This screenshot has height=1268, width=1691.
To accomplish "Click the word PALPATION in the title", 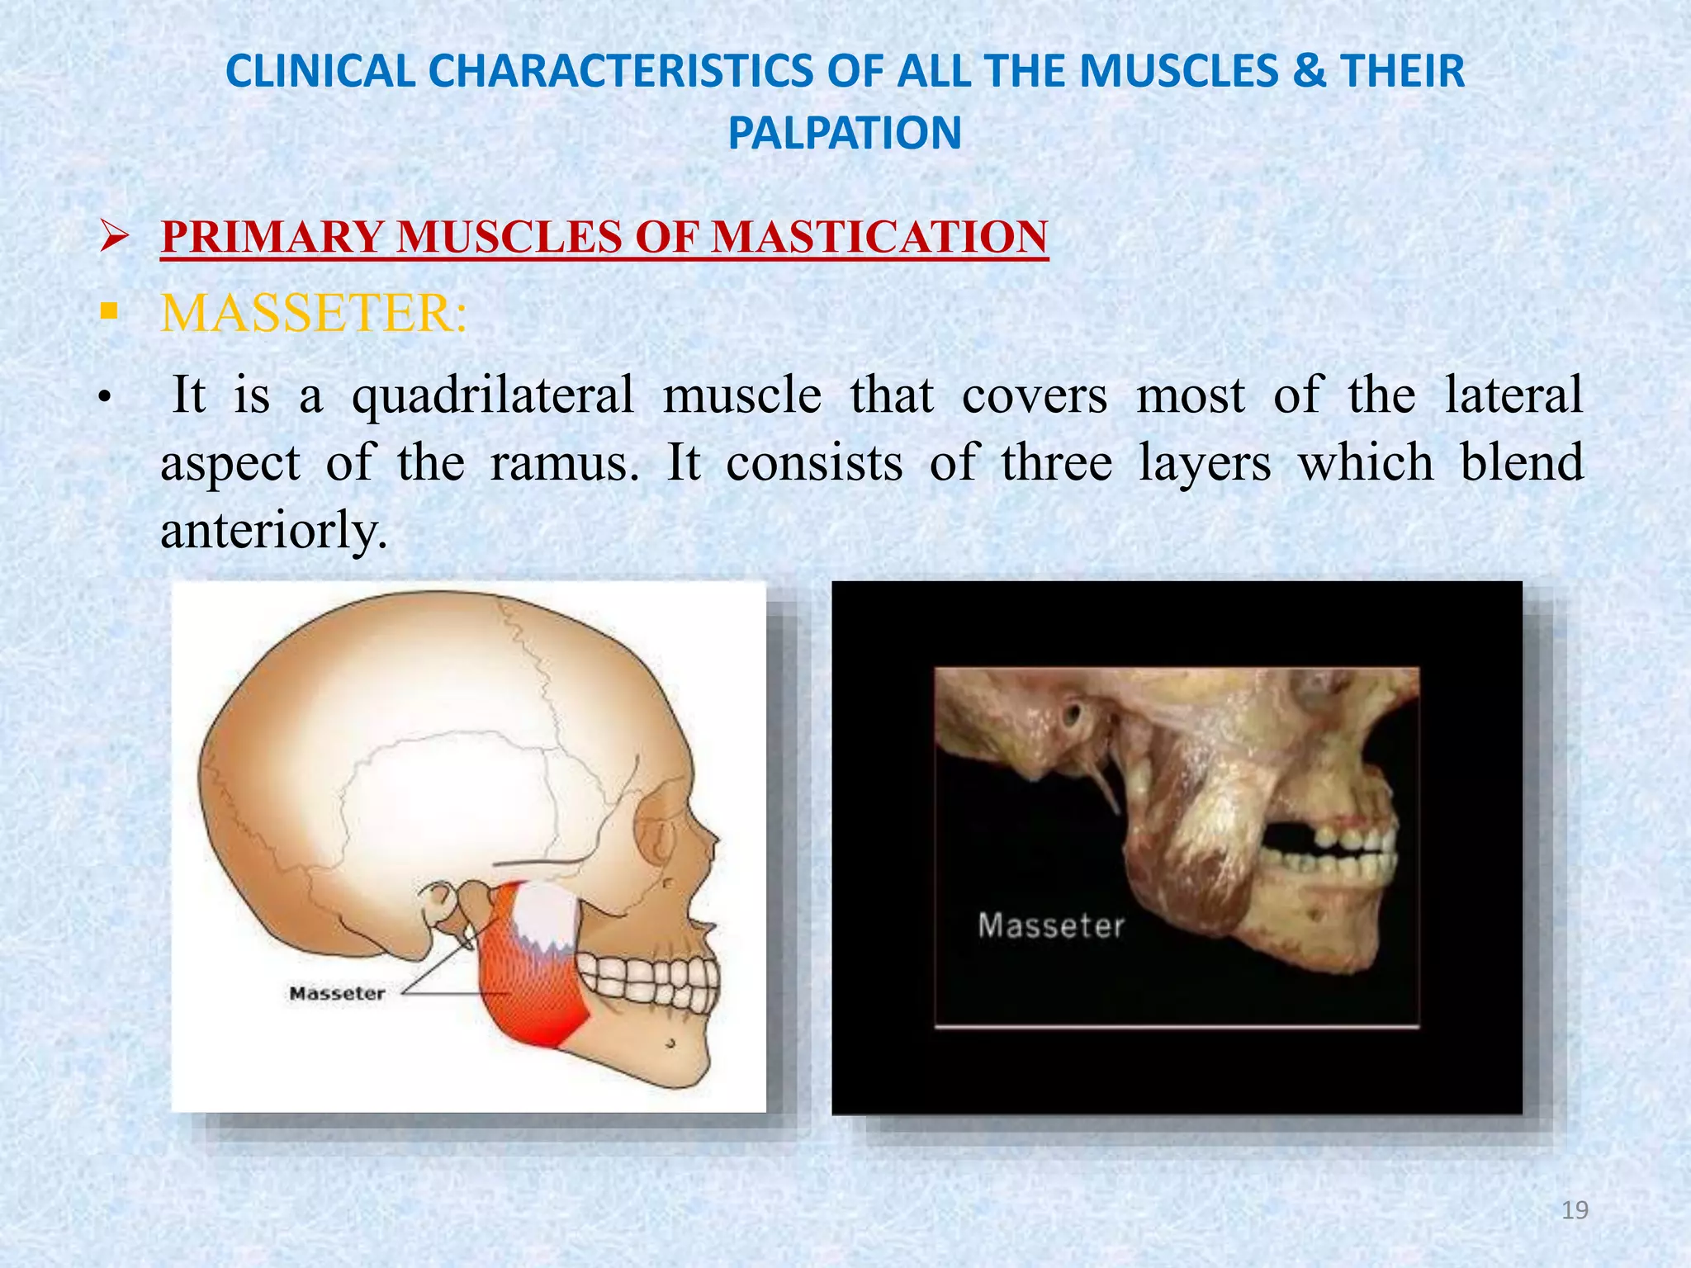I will click(845, 133).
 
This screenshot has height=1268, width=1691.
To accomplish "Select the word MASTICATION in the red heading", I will click(879, 237).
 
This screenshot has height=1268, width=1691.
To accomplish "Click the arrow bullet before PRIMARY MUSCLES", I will click(113, 238).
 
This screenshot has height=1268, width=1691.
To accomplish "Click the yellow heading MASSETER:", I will click(314, 314).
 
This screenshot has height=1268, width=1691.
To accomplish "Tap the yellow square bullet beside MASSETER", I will click(108, 313).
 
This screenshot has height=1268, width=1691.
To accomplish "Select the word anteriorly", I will click(273, 530).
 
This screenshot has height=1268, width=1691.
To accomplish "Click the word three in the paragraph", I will click(1057, 462).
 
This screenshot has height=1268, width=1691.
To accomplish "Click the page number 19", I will click(1575, 1210).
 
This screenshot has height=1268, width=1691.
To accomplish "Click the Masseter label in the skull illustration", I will click(337, 994).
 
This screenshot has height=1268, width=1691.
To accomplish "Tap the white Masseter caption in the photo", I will click(1051, 925).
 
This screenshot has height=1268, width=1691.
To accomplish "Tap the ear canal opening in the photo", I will click(1072, 712).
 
